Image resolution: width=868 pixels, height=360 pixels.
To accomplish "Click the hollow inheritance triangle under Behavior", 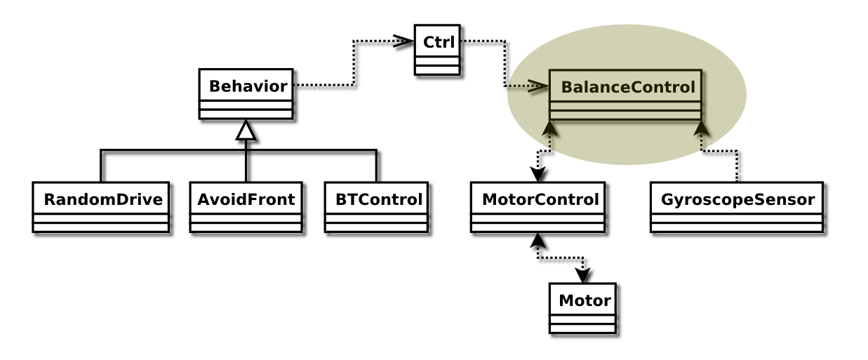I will coord(246,131).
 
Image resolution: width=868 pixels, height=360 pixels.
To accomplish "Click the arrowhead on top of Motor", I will coord(583,276).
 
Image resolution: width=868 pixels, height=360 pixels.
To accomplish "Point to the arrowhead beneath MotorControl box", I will coord(538,241).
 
